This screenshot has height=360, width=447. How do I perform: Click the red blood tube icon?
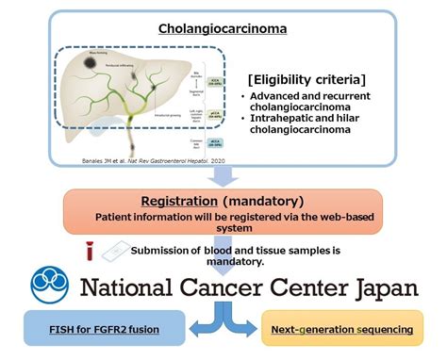(89, 250)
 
